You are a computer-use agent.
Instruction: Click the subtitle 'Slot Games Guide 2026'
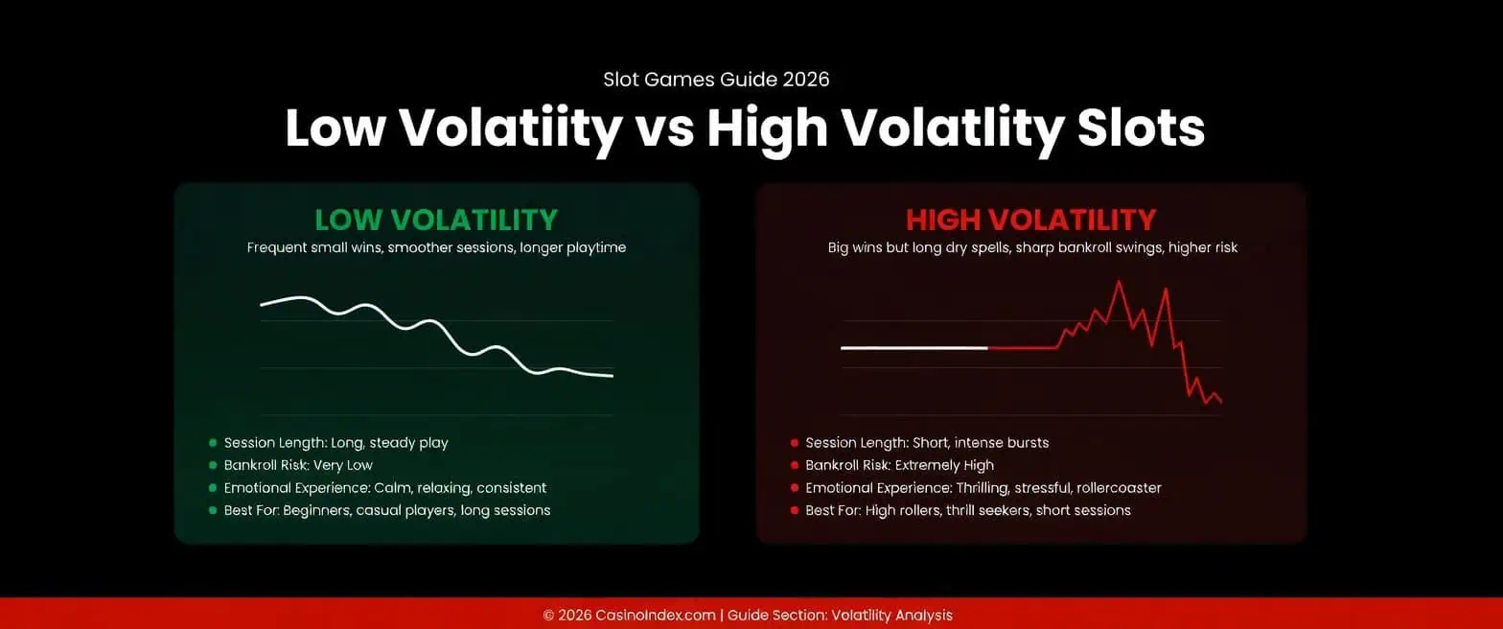(716, 80)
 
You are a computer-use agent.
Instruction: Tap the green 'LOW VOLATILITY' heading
(436, 220)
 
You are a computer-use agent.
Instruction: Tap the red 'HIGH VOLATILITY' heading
(1030, 220)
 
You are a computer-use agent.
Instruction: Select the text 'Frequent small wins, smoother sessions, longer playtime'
(436, 247)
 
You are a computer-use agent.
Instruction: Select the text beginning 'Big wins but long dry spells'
(1032, 247)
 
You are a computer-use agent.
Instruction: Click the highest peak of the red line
(1118, 281)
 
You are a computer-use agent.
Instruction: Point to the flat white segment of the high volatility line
(913, 348)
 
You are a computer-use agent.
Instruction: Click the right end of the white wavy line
(611, 376)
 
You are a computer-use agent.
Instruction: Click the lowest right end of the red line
(1220, 402)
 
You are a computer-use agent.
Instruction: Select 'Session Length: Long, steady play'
(335, 443)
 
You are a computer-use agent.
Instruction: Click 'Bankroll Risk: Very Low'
(298, 465)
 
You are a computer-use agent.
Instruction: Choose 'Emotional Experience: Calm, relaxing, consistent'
(385, 488)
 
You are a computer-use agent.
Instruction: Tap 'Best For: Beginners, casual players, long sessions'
(387, 510)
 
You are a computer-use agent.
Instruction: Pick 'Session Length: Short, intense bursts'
(927, 443)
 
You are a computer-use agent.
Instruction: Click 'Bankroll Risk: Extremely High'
(900, 465)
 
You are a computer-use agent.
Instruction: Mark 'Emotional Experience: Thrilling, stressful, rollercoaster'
(983, 488)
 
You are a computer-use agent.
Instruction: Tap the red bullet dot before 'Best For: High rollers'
(795, 511)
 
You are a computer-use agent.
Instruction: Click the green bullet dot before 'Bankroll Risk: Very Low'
(213, 466)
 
